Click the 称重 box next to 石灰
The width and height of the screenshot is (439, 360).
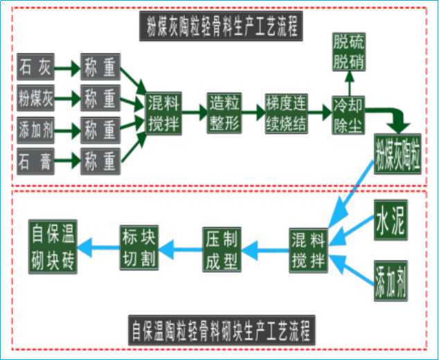click(x=100, y=69)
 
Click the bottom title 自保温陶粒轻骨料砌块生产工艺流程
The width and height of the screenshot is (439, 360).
click(x=222, y=330)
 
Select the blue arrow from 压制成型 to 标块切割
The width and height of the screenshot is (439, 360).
click(x=180, y=247)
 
